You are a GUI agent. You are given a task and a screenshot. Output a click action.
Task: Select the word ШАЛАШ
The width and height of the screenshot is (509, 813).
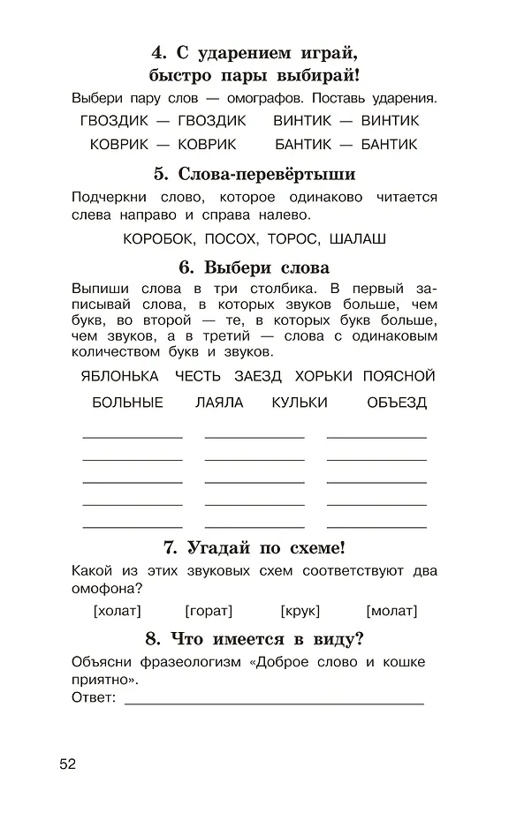point(357,238)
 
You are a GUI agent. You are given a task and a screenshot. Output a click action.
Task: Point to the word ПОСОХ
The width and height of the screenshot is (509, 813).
point(231,238)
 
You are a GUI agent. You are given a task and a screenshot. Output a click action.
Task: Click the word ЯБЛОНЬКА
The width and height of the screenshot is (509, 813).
point(119,376)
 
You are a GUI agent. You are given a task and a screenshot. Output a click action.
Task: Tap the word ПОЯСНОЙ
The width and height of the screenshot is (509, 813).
point(399,376)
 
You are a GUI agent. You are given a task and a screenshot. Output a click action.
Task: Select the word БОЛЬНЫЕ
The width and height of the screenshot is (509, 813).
point(127,403)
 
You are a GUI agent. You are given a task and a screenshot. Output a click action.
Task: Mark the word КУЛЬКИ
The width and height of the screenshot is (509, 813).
point(300,403)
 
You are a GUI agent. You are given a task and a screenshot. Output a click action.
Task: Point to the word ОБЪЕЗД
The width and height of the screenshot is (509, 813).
point(397,403)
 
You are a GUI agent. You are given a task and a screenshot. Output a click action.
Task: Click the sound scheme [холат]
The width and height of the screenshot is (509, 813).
point(117,611)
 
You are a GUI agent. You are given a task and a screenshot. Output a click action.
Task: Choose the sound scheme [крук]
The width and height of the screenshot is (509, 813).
point(300,611)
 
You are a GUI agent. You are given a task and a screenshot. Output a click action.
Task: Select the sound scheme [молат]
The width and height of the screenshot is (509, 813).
point(391,611)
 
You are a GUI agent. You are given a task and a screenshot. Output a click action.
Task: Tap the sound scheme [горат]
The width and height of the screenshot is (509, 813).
point(209,611)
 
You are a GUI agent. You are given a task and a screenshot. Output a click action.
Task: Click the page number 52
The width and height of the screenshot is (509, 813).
point(68,764)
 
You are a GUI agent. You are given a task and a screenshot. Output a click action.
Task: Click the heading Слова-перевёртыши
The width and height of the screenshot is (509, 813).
point(254,174)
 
